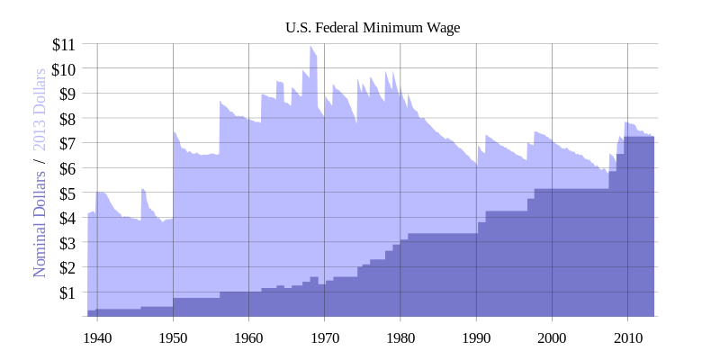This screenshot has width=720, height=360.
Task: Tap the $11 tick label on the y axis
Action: tap(64, 43)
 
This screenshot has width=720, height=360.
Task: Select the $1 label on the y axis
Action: tap(67, 292)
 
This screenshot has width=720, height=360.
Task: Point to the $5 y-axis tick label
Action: tap(67, 193)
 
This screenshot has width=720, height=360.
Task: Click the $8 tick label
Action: tap(67, 118)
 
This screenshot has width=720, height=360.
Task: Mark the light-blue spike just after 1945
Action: tap(142, 190)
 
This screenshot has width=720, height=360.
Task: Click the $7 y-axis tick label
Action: tap(67, 143)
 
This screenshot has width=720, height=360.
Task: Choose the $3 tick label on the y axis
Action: tap(67, 243)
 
